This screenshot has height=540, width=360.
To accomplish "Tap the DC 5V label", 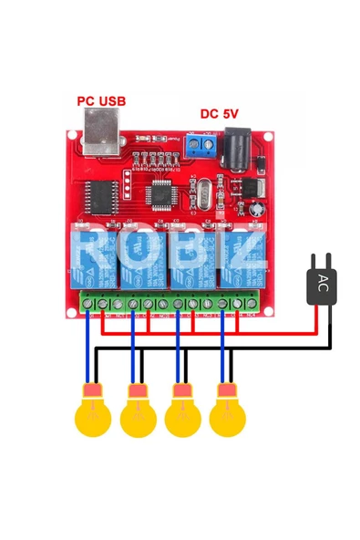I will tap(219, 113).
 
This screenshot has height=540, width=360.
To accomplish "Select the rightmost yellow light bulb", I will tap(227, 415).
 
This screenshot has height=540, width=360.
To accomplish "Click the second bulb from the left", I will tap(138, 415).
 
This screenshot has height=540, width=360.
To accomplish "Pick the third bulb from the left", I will tap(182, 415).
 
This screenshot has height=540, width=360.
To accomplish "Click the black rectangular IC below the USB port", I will tap(98, 193).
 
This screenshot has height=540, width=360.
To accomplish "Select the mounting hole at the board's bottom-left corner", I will tap(72, 310).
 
